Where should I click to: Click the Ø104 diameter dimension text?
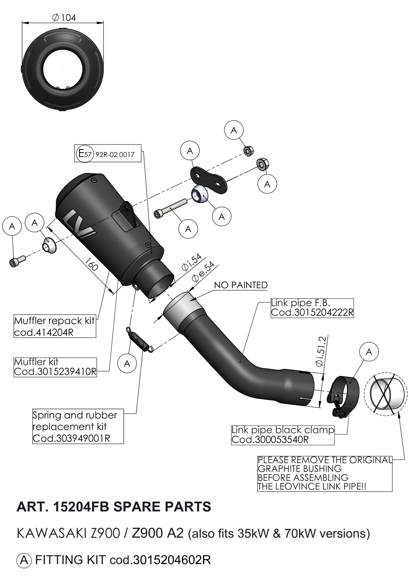click(64, 18)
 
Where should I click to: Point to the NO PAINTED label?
click(240, 285)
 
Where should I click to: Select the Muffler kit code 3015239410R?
click(55, 372)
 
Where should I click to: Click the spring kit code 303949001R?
click(71, 438)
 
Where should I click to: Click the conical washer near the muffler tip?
click(49, 245)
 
